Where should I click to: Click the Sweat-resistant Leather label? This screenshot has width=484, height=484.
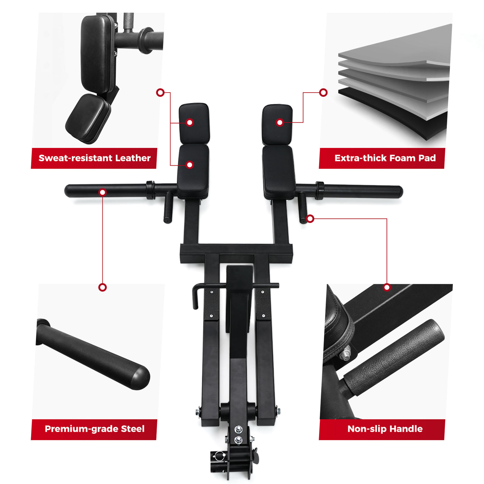click(x=94, y=158)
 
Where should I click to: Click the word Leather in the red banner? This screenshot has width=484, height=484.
click(x=133, y=158)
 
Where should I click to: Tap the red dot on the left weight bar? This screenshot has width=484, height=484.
click(x=103, y=192)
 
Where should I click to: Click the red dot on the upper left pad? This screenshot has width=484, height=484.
click(x=189, y=122)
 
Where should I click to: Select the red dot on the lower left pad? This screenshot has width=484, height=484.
click(x=189, y=165)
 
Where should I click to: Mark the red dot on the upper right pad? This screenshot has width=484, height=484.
click(x=280, y=122)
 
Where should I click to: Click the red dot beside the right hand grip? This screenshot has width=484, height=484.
click(x=310, y=218)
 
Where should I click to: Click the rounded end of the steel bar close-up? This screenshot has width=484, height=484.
click(x=140, y=378)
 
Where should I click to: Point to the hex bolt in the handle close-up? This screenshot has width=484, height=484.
click(x=345, y=354)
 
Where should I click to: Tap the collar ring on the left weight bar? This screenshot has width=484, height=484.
click(x=150, y=190)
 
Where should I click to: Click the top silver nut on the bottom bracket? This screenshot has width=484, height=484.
click(x=238, y=430)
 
